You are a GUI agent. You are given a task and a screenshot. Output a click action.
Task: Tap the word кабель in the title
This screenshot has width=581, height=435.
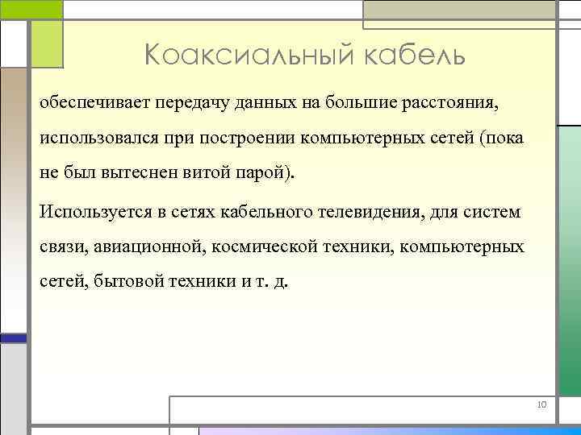click(409, 56)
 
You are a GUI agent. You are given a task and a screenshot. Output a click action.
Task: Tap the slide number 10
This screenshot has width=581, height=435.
click(541, 404)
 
